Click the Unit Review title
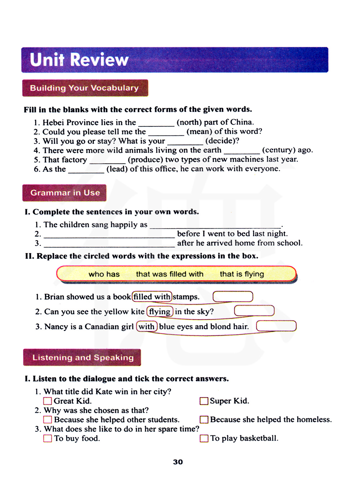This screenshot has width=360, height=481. click(79, 60)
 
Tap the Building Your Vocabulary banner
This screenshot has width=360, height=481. click(85, 88)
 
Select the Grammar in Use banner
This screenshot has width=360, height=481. click(65, 193)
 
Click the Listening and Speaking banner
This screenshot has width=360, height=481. click(82, 358)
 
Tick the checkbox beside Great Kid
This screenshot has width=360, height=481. click(48, 401)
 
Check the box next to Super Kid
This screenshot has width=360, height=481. click(204, 401)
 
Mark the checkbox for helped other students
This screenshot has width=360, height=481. click(48, 420)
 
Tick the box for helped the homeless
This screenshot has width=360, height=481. click(204, 420)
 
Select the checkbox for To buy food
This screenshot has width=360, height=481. click(48, 439)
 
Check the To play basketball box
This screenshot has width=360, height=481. click(204, 439)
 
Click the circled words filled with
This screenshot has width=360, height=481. click(152, 297)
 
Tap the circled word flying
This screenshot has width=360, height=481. click(160, 311)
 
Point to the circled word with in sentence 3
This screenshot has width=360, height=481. click(147, 327)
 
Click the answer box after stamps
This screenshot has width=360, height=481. click(233, 297)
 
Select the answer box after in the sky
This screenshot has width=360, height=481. click(254, 311)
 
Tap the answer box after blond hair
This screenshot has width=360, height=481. click(276, 326)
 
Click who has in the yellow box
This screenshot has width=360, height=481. click(104, 274)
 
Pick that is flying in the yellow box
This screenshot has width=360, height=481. click(242, 274)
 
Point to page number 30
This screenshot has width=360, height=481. click(178, 462)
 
